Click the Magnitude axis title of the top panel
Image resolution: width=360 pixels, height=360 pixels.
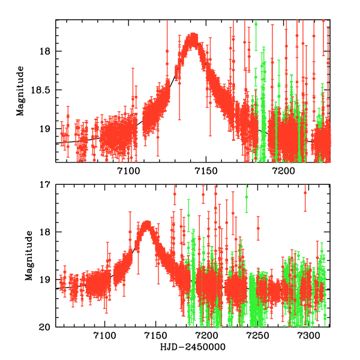20,91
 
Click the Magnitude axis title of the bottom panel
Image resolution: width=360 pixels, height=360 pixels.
29,256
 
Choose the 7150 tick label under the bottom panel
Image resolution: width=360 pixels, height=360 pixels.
156,335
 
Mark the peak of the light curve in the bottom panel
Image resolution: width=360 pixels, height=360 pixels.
146,224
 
